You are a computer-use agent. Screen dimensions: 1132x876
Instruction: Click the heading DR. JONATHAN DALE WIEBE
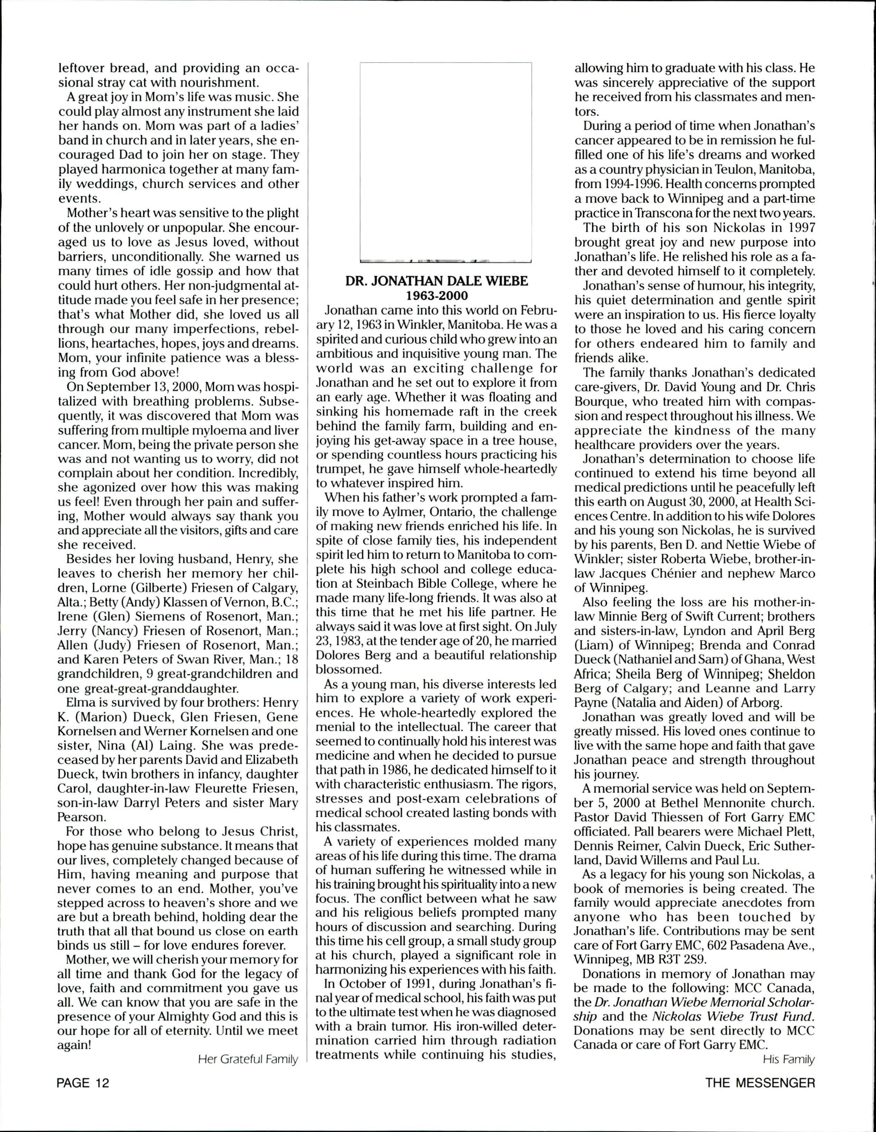pyautogui.click(x=437, y=281)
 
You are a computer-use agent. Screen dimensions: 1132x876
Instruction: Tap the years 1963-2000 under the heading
pyautogui.click(x=437, y=296)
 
